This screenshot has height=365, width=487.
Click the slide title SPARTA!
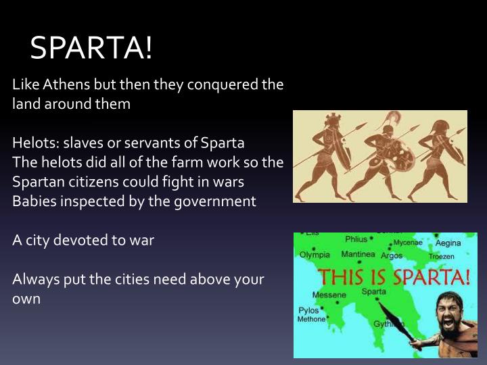[x=92, y=48]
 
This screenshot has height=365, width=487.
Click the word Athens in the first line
[x=68, y=85]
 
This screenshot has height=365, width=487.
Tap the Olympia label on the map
[x=315, y=255]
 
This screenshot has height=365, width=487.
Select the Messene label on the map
[x=329, y=295]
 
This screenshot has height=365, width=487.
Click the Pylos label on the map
[x=308, y=310]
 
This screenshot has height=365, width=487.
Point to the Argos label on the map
[x=392, y=255]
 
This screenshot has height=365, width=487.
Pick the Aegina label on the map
[x=448, y=243]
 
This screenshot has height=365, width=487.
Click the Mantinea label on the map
[x=358, y=255]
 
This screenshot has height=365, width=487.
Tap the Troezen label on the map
[x=440, y=256]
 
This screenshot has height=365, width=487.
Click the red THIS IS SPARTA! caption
[x=394, y=276]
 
